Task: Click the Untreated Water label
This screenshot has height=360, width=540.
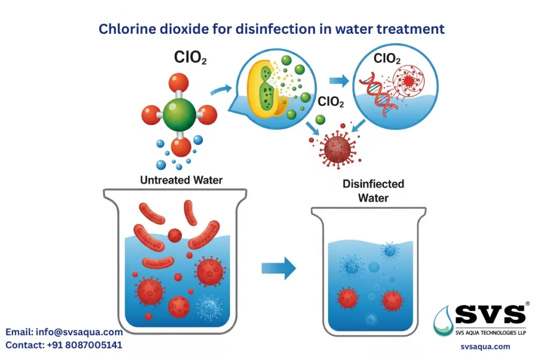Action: coord(181,180)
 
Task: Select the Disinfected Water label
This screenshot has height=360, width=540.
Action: coord(373,191)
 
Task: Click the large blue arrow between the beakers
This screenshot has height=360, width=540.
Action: coord(278,268)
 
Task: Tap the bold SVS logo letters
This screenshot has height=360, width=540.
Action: coord(490,315)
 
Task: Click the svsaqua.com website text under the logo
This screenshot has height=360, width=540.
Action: coord(485,346)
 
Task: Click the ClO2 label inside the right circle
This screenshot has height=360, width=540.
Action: coord(387,59)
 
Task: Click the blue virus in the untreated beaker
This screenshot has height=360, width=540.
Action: coord(208,305)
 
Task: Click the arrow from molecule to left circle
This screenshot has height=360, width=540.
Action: coord(221,92)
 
